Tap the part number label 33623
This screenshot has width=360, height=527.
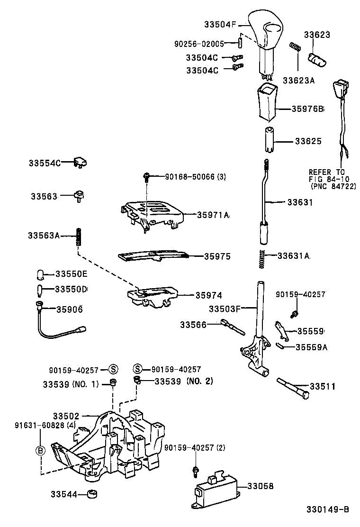pos(317,35)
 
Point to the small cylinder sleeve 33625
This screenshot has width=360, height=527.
pos(268,140)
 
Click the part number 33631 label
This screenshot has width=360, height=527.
pos(300,201)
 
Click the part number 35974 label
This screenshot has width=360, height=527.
pos(209,295)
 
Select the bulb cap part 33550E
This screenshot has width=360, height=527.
pos(41,274)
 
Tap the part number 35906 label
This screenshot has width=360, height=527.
pos(70,309)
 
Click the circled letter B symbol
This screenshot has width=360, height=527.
pos(41,450)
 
